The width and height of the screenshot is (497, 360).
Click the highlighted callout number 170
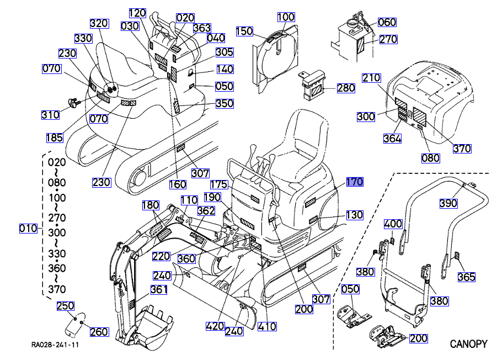[x=354, y=182]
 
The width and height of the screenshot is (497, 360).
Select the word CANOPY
[x=469, y=344]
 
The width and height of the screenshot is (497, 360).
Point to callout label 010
[x=28, y=228]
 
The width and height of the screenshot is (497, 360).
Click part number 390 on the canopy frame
[x=448, y=203]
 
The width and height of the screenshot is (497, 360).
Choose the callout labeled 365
[x=466, y=277]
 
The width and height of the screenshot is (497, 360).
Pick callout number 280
[x=346, y=88]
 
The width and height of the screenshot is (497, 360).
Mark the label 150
[x=244, y=31]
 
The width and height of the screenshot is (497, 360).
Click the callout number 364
[x=392, y=139]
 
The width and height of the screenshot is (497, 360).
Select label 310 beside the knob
[x=50, y=115]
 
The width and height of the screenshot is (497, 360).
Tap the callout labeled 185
[x=55, y=137]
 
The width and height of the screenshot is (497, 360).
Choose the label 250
[x=66, y=305]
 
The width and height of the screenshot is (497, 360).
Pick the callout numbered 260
[x=99, y=331]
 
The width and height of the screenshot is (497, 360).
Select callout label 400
[x=393, y=224]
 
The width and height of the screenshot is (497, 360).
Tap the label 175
[x=219, y=184]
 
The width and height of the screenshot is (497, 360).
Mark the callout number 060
[x=387, y=22]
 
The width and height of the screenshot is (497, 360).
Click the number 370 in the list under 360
[x=57, y=289]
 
